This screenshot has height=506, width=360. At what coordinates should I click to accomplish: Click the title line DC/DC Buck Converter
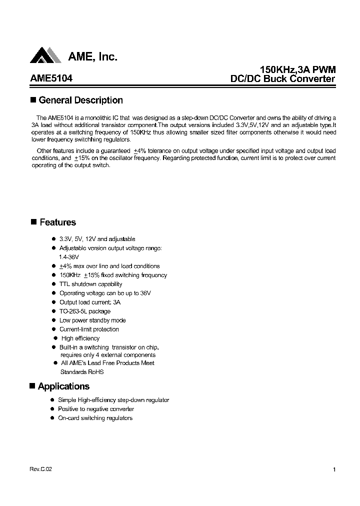[x=282, y=78]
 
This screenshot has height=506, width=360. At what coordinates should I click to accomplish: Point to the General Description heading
[x=80, y=100]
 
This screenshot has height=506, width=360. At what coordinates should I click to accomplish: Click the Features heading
[x=57, y=222]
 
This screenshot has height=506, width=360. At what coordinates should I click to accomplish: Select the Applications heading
[x=63, y=386]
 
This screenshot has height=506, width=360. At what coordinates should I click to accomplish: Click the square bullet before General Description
[x=33, y=99]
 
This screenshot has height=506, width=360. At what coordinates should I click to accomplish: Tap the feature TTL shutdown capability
[x=90, y=284]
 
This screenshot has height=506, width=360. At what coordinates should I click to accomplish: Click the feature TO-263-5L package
[x=85, y=311]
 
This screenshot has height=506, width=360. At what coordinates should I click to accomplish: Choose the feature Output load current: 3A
[x=90, y=302]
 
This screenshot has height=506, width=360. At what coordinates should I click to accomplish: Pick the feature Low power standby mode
[x=92, y=320]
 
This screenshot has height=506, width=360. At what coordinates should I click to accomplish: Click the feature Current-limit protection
[x=89, y=329]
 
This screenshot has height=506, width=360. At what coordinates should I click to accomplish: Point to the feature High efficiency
[x=80, y=338]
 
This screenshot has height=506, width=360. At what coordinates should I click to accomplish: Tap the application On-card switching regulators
[x=95, y=418]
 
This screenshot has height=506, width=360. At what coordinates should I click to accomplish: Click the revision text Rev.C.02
[x=40, y=469]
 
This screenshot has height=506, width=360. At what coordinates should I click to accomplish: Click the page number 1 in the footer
[x=333, y=469]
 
